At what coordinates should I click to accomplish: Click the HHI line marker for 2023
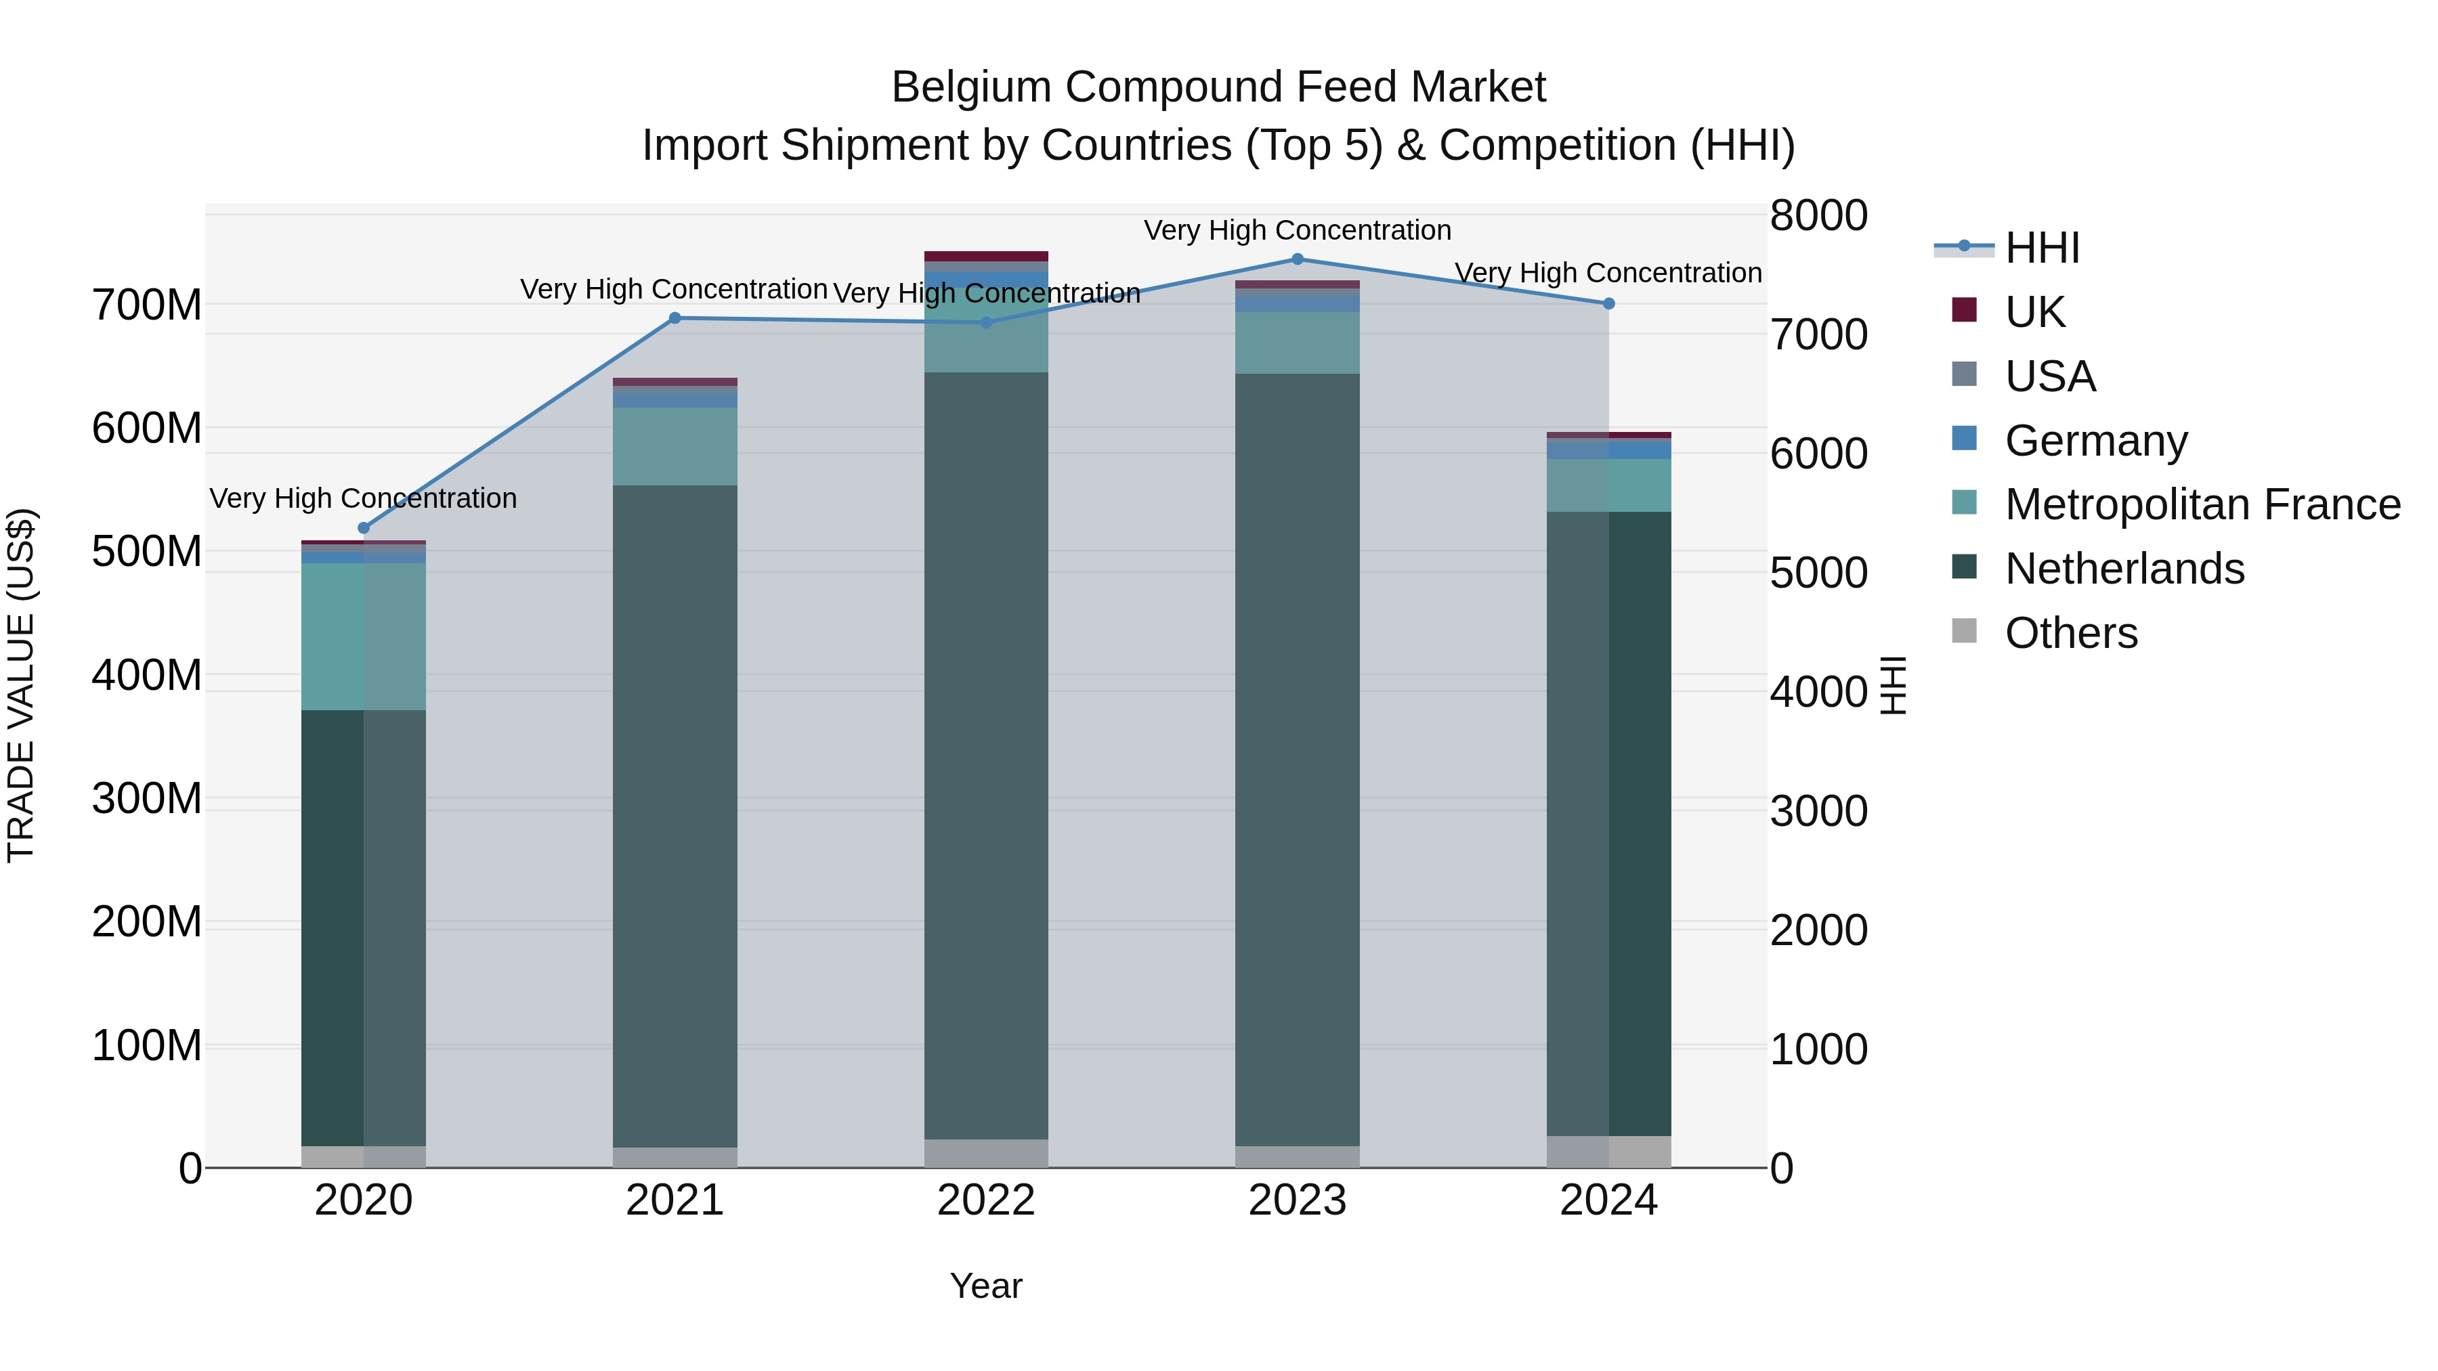pos(1297,259)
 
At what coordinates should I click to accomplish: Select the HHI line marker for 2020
pos(364,528)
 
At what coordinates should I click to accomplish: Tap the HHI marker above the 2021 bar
pos(675,318)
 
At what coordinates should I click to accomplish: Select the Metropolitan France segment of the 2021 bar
pos(675,447)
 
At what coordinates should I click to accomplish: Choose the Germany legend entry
pos(2095,441)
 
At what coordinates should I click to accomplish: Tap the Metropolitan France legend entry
pos(2202,505)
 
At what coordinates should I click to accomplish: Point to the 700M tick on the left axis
pos(147,305)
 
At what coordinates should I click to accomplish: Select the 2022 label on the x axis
pos(985,1200)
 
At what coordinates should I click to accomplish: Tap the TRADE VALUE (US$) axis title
pos(21,685)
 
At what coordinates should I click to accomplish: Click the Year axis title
pos(985,1286)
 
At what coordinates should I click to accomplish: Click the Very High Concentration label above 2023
pos(1297,230)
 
